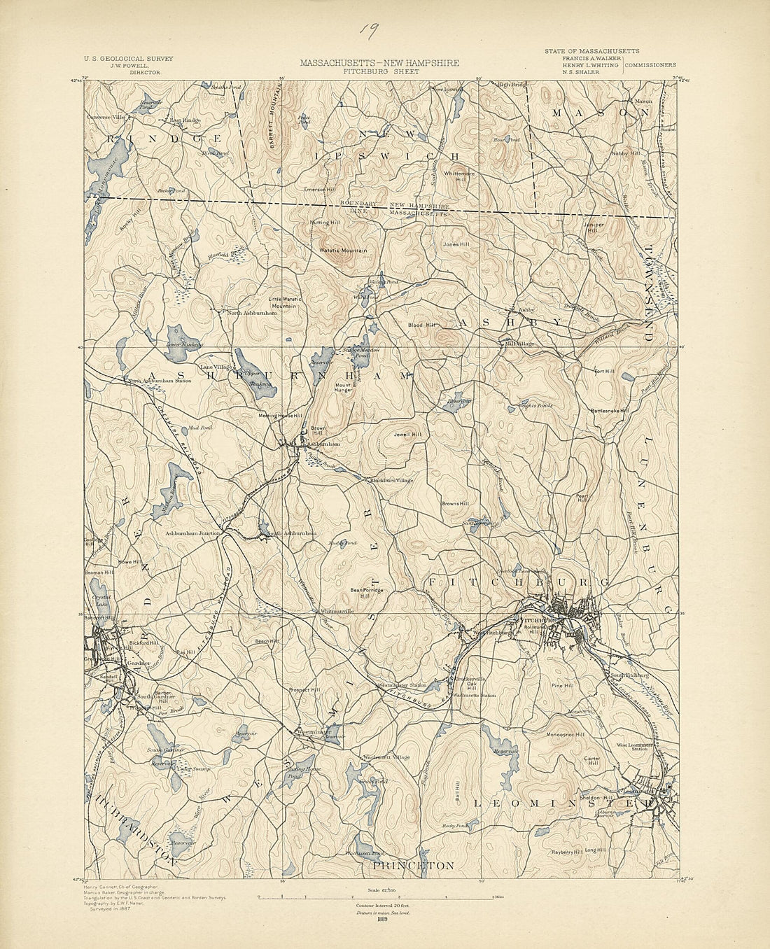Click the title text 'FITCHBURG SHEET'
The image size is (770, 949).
point(381,71)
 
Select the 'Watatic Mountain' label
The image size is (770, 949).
point(343,250)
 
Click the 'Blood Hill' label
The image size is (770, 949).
point(422,325)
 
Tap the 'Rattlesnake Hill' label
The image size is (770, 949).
point(609,411)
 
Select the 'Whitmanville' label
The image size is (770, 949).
point(337,611)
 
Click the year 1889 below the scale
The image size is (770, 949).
point(382,919)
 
